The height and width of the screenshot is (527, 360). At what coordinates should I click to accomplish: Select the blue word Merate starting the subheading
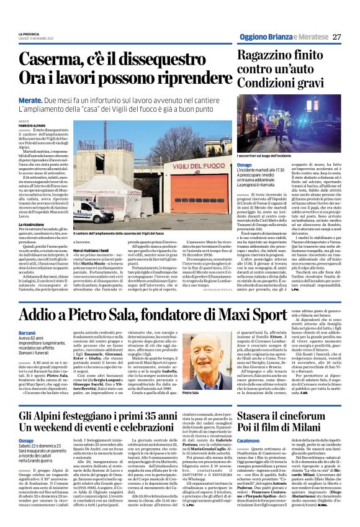pyautogui.click(x=30, y=100)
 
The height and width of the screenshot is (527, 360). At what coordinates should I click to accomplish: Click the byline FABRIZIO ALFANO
pyautogui.click(x=32, y=124)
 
